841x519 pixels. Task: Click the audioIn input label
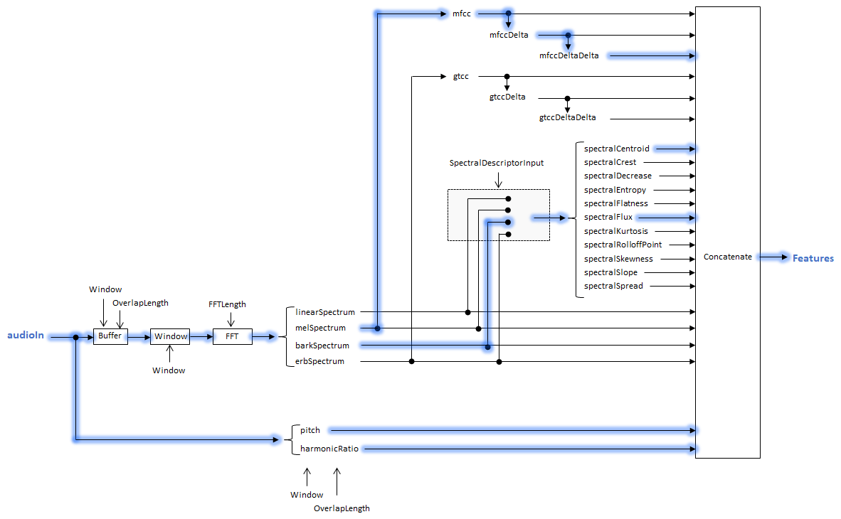point(27,336)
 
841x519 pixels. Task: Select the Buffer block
point(110,336)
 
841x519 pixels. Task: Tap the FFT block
point(232,336)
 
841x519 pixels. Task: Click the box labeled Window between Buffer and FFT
point(171,336)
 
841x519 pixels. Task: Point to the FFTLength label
point(227,304)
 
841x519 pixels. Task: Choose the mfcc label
point(462,14)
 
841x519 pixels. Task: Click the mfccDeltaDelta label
point(569,55)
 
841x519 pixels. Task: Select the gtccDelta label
point(507,97)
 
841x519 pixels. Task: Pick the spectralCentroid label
point(616,149)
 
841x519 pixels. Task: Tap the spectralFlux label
point(608,217)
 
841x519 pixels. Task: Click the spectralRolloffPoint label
point(623,245)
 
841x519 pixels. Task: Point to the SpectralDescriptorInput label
point(497,163)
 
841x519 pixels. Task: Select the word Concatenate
point(727,257)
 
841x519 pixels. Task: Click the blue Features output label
point(813,258)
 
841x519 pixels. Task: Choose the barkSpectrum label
point(322,346)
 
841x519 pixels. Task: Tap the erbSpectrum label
point(319,361)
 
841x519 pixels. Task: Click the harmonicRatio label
point(329,449)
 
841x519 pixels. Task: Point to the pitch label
point(310,430)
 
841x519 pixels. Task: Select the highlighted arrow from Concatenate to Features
point(773,257)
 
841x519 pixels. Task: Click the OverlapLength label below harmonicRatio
point(342,508)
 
